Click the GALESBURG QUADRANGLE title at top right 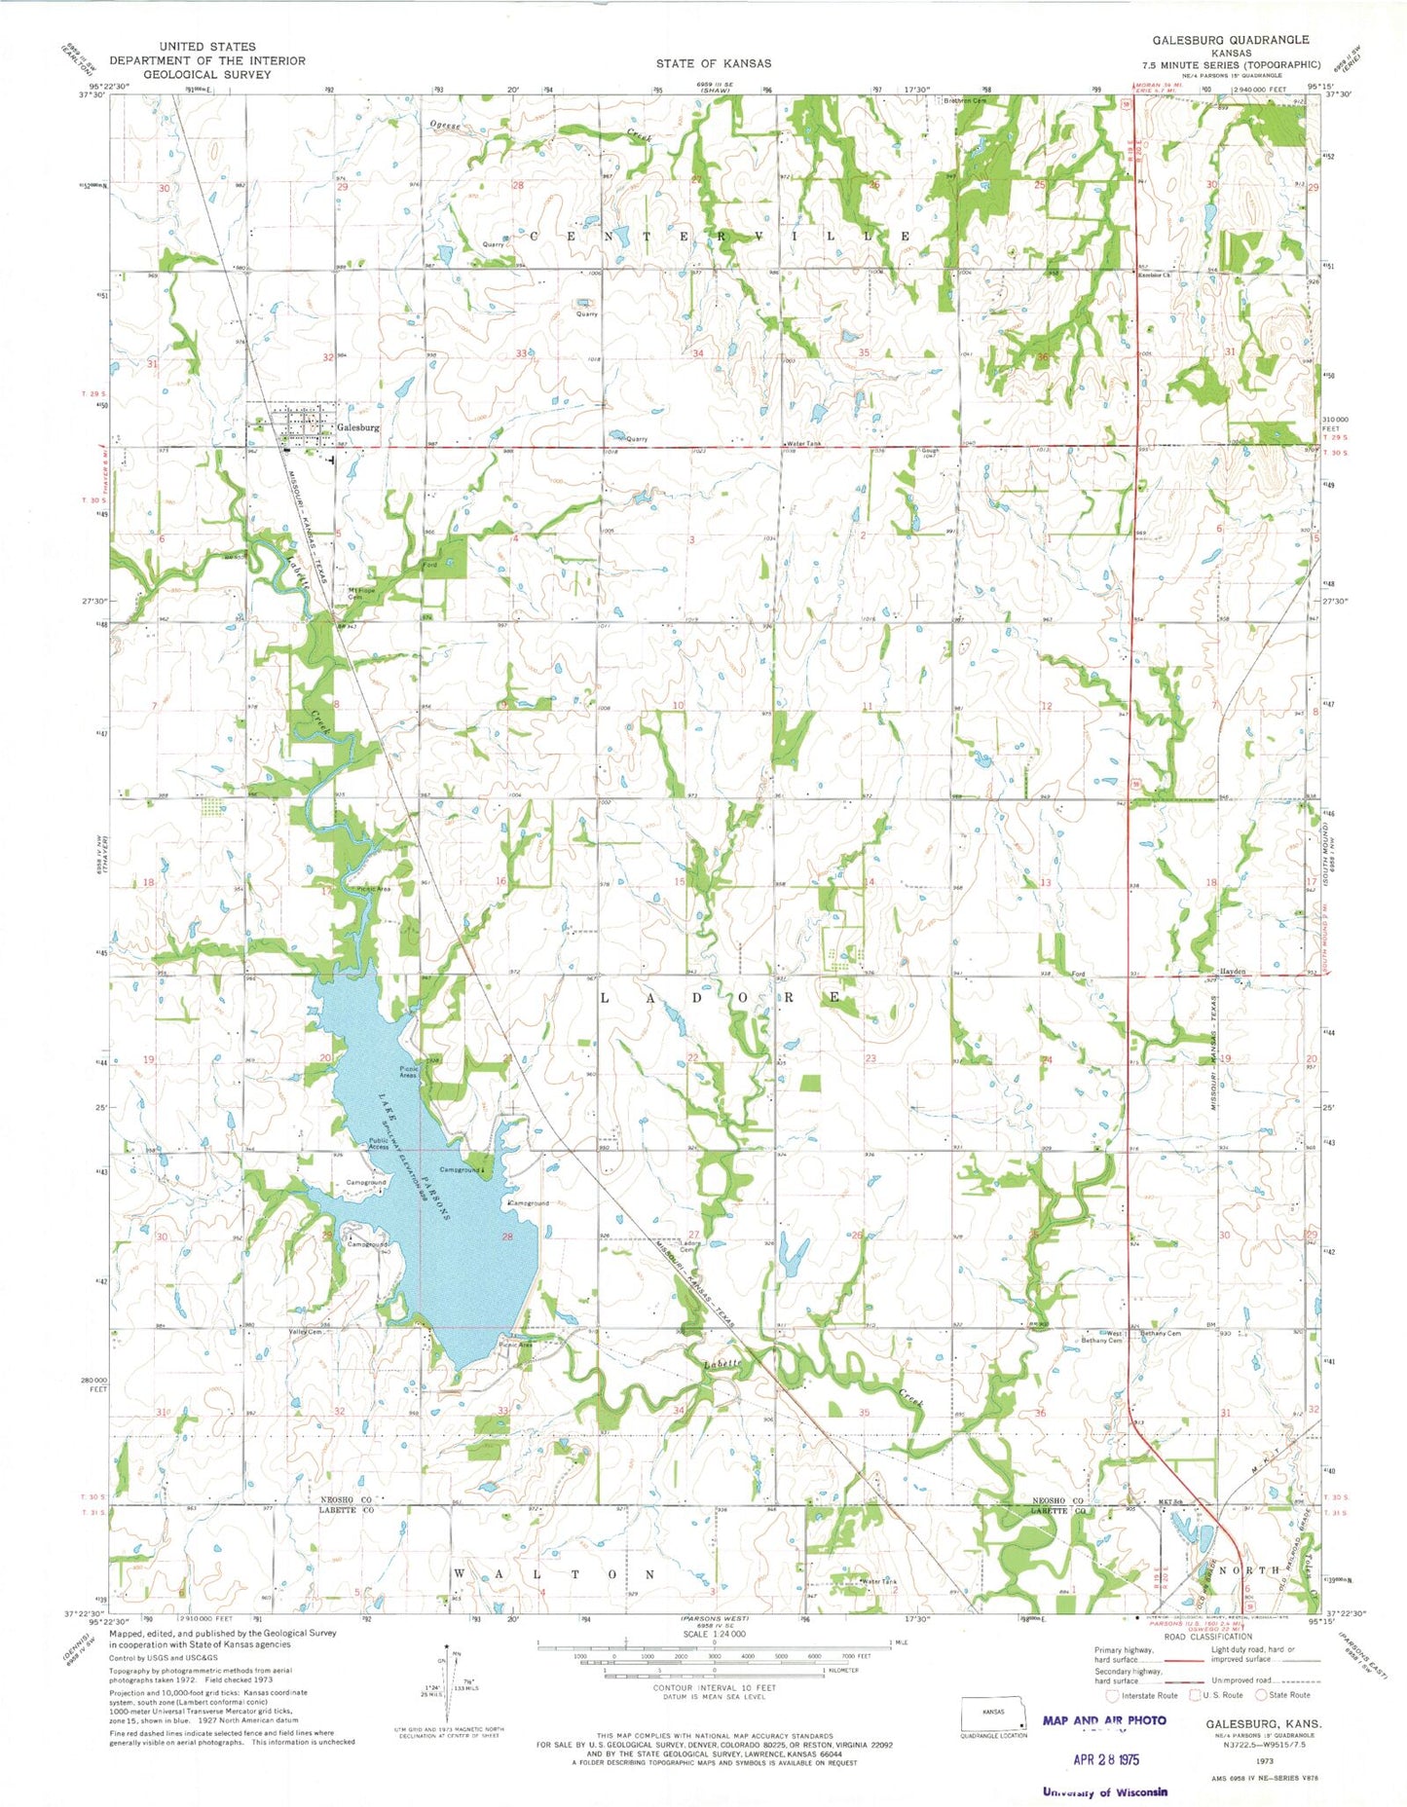point(1231,40)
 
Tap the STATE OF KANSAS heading point(713,63)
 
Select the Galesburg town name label point(357,427)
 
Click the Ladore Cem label point(690,1246)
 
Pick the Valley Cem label point(305,1332)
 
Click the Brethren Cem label point(965,101)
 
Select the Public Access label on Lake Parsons point(378,1145)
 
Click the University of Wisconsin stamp point(1105,1791)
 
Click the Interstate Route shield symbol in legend point(1112,1695)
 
